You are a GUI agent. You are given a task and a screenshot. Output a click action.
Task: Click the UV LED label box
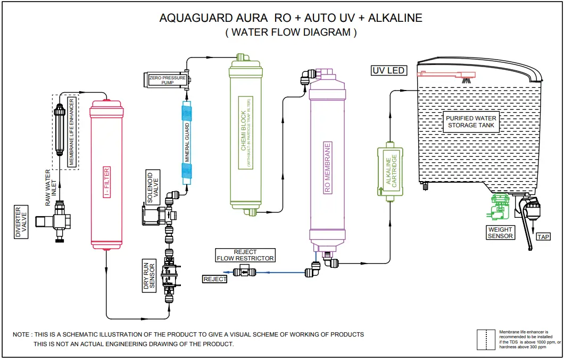coord(388,70)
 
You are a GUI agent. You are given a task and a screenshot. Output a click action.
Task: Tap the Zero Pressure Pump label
coord(167,80)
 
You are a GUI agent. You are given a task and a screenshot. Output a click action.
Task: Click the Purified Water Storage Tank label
coord(471,122)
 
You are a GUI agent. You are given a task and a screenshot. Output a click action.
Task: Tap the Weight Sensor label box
coord(500,233)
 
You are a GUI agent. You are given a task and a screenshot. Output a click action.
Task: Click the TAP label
coord(543,237)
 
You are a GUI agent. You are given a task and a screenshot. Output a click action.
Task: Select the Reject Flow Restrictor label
coord(245,255)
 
